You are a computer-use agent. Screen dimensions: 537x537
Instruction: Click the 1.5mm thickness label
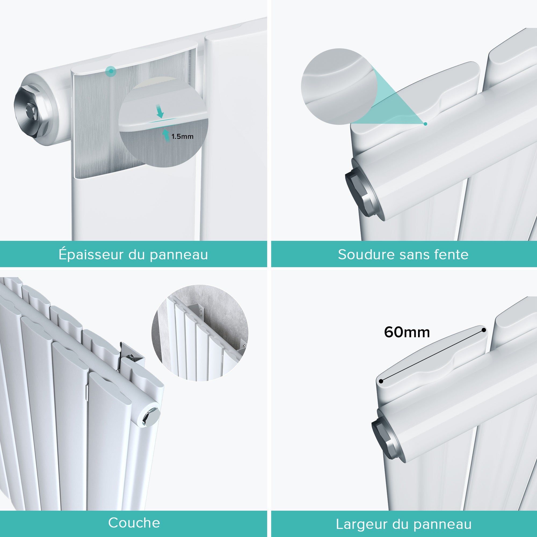(182, 136)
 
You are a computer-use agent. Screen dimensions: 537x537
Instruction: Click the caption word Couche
(134, 523)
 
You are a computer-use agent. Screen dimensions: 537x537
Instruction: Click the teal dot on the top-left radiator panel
(111, 71)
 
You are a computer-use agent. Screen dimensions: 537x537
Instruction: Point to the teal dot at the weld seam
(425, 124)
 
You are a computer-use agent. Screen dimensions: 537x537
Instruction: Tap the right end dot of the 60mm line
(484, 330)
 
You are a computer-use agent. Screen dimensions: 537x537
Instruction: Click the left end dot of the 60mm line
(381, 381)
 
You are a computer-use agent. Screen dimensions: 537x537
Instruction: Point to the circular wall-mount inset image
(199, 333)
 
